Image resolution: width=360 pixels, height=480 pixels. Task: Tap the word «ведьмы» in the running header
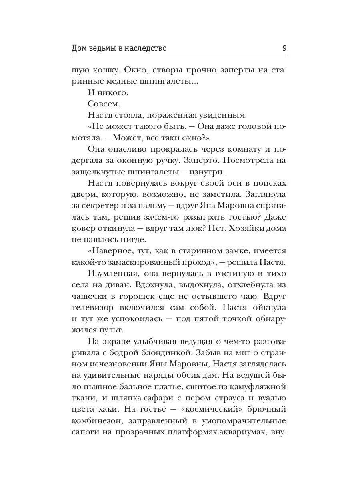click(x=106, y=48)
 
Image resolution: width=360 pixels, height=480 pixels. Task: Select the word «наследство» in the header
click(x=146, y=48)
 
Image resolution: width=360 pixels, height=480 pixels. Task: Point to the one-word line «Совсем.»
click(x=98, y=104)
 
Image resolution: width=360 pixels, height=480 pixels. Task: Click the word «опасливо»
click(x=128, y=149)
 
